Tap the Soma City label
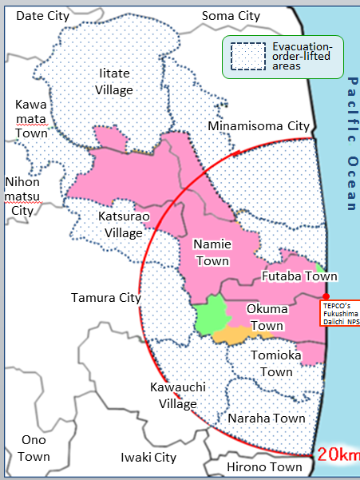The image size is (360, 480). (231, 15)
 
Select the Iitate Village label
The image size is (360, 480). (115, 81)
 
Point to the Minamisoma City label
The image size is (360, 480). (258, 126)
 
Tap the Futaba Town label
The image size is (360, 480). (299, 276)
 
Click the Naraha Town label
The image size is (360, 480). (267, 418)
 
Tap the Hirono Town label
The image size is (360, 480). (263, 466)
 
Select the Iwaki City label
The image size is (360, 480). (148, 458)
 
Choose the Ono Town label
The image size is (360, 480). (35, 449)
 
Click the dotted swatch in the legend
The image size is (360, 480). (247, 58)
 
